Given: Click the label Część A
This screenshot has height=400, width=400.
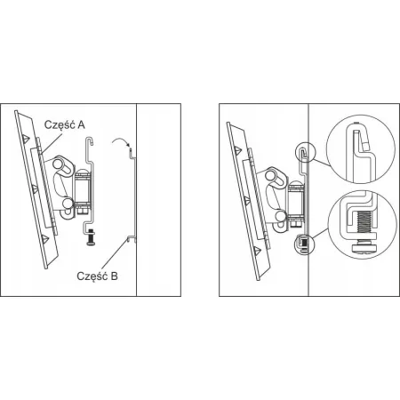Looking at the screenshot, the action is [x=65, y=124].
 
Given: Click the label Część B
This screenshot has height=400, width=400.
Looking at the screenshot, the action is [x=97, y=276].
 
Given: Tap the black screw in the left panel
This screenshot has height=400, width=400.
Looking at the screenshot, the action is [x=90, y=238].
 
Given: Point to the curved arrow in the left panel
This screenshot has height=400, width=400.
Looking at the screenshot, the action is [x=121, y=141].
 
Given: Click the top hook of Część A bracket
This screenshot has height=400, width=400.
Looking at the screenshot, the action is [x=90, y=140].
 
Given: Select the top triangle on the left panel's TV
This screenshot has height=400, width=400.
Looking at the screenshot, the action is [x=26, y=138].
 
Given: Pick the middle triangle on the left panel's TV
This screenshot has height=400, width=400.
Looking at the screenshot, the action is [x=35, y=188].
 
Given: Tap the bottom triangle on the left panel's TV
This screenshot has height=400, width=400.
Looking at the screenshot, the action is [x=44, y=239].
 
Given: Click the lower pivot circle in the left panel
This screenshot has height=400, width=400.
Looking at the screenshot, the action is [x=68, y=203].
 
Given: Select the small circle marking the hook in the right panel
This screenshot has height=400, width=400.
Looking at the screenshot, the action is [x=306, y=152].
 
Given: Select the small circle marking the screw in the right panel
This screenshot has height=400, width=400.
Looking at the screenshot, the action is [x=303, y=244].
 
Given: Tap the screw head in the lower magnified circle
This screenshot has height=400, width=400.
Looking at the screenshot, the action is [x=364, y=247].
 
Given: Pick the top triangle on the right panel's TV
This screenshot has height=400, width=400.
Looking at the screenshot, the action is [x=237, y=149].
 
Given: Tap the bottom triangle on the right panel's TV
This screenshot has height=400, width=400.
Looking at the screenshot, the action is [x=257, y=251].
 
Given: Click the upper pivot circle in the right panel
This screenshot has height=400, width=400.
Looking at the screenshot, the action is [x=270, y=175].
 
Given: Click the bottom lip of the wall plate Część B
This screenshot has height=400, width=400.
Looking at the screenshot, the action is [x=130, y=238].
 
